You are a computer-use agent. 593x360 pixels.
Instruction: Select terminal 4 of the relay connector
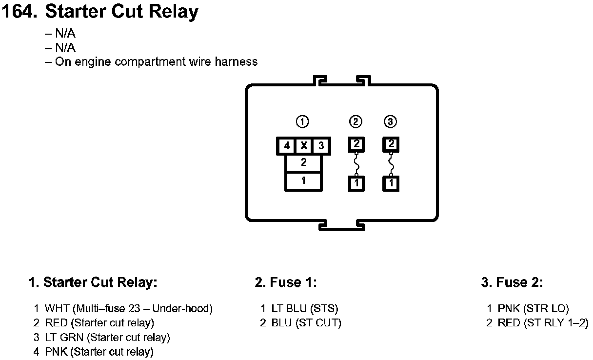coord(287,146)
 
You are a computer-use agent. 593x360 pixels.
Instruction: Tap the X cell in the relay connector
coord(303,146)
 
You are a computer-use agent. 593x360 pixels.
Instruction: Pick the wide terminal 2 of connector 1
coord(303,163)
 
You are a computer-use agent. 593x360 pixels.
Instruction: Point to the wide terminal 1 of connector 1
coord(303,180)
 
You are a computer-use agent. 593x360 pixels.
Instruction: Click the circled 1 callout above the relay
coord(303,121)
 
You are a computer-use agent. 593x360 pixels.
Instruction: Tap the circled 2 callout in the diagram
coord(356,121)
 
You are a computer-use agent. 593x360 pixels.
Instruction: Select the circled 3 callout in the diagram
coord(391,121)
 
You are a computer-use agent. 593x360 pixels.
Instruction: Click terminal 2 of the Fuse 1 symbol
coord(356,144)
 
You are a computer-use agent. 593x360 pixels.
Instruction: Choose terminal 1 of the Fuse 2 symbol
coord(391,183)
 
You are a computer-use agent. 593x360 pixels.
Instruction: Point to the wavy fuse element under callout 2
coord(356,163)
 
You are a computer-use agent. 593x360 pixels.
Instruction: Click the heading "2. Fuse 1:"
coord(285,282)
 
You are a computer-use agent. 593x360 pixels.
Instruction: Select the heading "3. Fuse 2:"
coord(512,282)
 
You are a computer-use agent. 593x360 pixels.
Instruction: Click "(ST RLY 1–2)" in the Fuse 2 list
coord(556,323)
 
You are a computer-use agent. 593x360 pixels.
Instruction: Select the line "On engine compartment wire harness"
coord(156,62)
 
